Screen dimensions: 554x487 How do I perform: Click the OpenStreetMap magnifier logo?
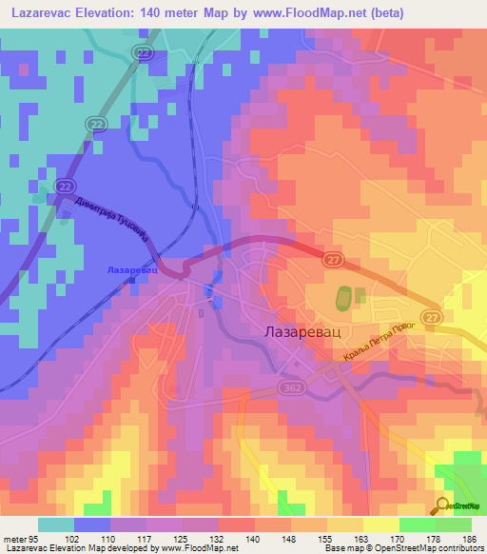pyautogui.click(x=442, y=505)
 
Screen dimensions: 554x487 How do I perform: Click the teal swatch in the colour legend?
pyautogui.click(x=56, y=524)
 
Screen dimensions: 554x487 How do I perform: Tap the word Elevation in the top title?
pyautogui.click(x=107, y=13)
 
